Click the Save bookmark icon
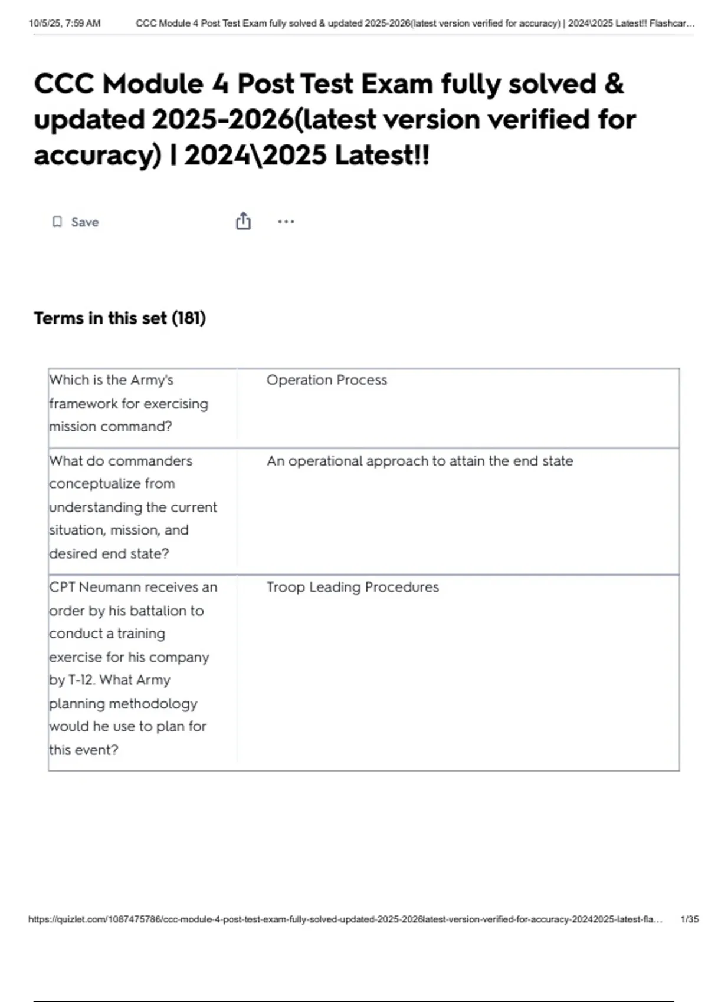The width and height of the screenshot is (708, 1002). pos(57,222)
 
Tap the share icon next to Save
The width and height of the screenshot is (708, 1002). pos(243,221)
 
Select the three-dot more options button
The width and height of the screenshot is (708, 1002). pos(286,222)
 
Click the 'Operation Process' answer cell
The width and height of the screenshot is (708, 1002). pos(326,380)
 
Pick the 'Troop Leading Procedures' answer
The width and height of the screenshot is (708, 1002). pos(352,587)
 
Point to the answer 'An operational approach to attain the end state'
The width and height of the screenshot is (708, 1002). pos(419,461)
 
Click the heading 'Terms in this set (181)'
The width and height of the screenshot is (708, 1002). pos(120,318)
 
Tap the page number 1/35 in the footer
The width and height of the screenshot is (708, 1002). pos(689,919)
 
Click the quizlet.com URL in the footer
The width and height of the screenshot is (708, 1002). pos(345,919)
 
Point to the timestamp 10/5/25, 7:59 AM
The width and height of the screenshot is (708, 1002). pos(65,24)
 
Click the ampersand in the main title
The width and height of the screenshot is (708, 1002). pos(614,84)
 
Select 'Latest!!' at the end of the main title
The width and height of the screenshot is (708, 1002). pos(382,156)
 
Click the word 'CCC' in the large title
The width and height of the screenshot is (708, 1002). pos(64,84)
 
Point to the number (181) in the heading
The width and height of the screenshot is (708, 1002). pos(189,318)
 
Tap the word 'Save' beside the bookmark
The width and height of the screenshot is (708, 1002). pos(85,222)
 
